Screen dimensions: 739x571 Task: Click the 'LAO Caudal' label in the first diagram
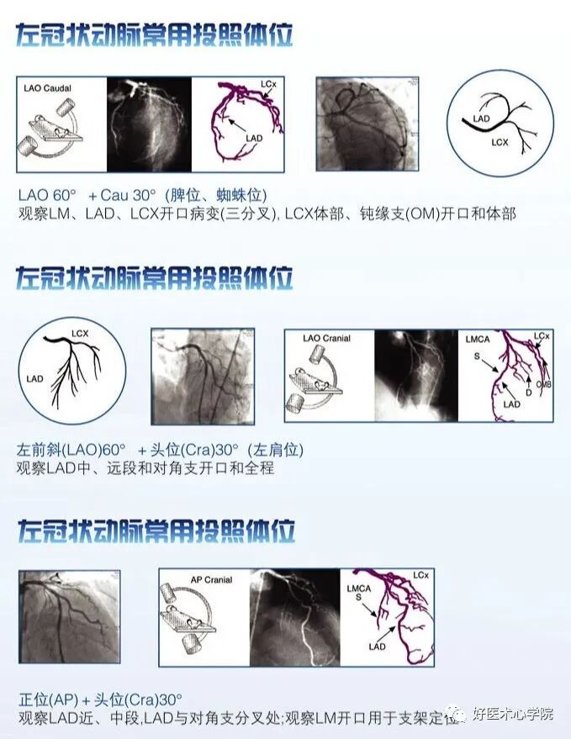(47, 88)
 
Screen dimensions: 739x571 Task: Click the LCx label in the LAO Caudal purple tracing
(269, 86)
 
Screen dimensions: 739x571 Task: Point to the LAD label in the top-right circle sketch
(481, 119)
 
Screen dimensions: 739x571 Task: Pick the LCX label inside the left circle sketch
(80, 334)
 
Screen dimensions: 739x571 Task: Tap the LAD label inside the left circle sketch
(34, 379)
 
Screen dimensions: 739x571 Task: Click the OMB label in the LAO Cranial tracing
(542, 385)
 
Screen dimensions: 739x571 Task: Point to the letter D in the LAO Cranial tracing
(528, 393)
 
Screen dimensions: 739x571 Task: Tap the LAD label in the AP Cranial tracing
(377, 647)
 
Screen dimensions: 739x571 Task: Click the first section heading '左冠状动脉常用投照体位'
(155, 35)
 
